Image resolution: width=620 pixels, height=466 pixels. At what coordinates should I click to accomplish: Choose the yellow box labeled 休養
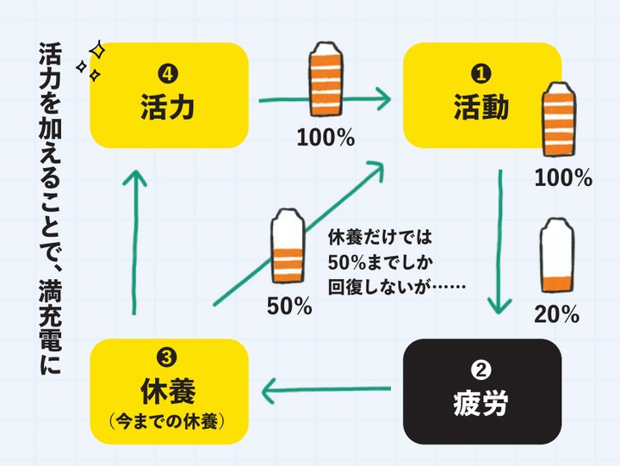pos(170,391)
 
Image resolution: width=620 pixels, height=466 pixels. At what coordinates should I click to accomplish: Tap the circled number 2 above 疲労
pos(482,370)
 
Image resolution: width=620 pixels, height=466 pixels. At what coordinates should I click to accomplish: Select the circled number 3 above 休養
pos(170,357)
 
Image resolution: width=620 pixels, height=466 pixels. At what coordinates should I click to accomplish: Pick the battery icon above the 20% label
pos(555,257)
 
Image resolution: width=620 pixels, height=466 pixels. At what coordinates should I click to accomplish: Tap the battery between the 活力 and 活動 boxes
pos(325,82)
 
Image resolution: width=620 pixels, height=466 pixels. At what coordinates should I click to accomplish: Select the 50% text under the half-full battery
pos(288,306)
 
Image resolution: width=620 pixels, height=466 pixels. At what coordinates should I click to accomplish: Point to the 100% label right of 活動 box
pos(562,178)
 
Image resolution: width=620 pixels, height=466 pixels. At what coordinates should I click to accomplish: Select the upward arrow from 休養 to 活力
pos(133,241)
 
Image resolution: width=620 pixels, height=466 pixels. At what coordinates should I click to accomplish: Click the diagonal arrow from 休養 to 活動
pos(297,233)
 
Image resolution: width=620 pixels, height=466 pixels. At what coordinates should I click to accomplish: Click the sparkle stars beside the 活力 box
pos(90,60)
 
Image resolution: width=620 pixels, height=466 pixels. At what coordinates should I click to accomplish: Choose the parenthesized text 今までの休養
pos(170,422)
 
